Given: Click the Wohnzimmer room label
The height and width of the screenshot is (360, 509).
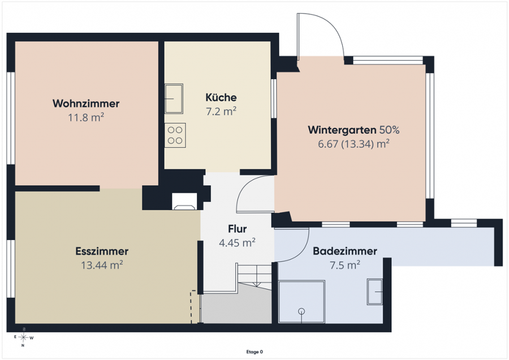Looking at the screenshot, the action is pos(86,104).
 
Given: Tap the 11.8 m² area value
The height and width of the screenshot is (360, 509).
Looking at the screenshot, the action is pos(86,117).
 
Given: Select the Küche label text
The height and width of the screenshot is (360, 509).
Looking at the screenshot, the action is pos(221,97).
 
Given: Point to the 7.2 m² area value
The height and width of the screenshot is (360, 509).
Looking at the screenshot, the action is pos(221,112).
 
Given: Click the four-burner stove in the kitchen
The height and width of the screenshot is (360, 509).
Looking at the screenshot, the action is pos(175,135).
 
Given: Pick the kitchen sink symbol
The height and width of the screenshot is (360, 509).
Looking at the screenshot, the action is pos(174,98).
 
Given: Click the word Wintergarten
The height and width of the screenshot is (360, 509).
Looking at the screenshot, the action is pos(342,130).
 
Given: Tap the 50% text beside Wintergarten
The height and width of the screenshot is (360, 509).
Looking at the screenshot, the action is pos(390,130).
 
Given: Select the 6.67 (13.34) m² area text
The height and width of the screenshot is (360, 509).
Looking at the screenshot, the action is pos(353,144).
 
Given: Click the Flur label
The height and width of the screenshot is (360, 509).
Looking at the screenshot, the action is pos(238,229).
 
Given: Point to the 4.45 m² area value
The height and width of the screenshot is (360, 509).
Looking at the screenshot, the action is pos(238,243).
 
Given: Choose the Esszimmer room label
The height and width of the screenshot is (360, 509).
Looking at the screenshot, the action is pos(102,251).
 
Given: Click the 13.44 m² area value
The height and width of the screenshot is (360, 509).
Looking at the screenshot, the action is pos(102,265).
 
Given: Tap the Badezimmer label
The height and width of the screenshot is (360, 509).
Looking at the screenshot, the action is pos(345,251).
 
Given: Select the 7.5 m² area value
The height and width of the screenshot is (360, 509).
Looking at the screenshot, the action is pos(345,265).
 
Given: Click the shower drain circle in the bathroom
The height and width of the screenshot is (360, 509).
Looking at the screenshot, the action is pos(301,311).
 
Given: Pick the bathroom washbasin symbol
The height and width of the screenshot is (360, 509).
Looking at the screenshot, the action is pos(374,292).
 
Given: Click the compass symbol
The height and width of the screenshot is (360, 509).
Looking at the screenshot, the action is pos(23,337).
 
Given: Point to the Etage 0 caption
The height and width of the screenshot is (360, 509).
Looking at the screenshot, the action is pos(255,352).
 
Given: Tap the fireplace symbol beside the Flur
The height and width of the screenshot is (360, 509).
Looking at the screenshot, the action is pos(184,202).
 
